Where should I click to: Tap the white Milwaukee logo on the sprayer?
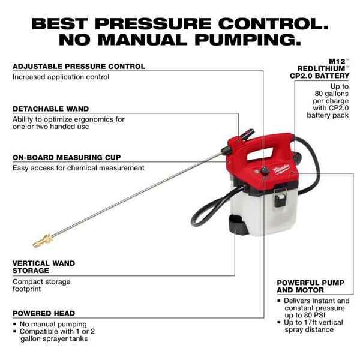coord(281,170)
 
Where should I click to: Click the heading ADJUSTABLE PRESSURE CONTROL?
coord(79,66)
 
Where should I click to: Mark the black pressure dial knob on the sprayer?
coord(264,172)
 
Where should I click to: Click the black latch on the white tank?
coord(280,198)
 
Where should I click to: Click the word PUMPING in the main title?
coord(239,40)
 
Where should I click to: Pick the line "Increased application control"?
coord(61,77)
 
